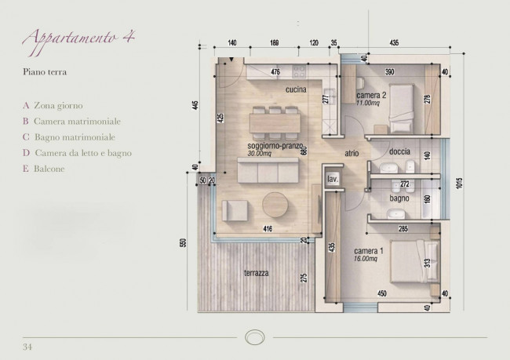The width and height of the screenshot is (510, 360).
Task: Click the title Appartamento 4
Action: pyautogui.click(x=76, y=40)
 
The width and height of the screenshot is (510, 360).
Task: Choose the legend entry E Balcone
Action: pyautogui.click(x=46, y=169)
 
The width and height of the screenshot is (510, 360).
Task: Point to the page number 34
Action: pyautogui.click(x=28, y=346)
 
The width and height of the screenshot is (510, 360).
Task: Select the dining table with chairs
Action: pyautogui.click(x=271, y=122)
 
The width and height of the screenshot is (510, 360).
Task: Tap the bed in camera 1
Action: pyautogui.click(x=413, y=264)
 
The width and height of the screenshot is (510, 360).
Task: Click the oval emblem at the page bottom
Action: pyautogui.click(x=255, y=337)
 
